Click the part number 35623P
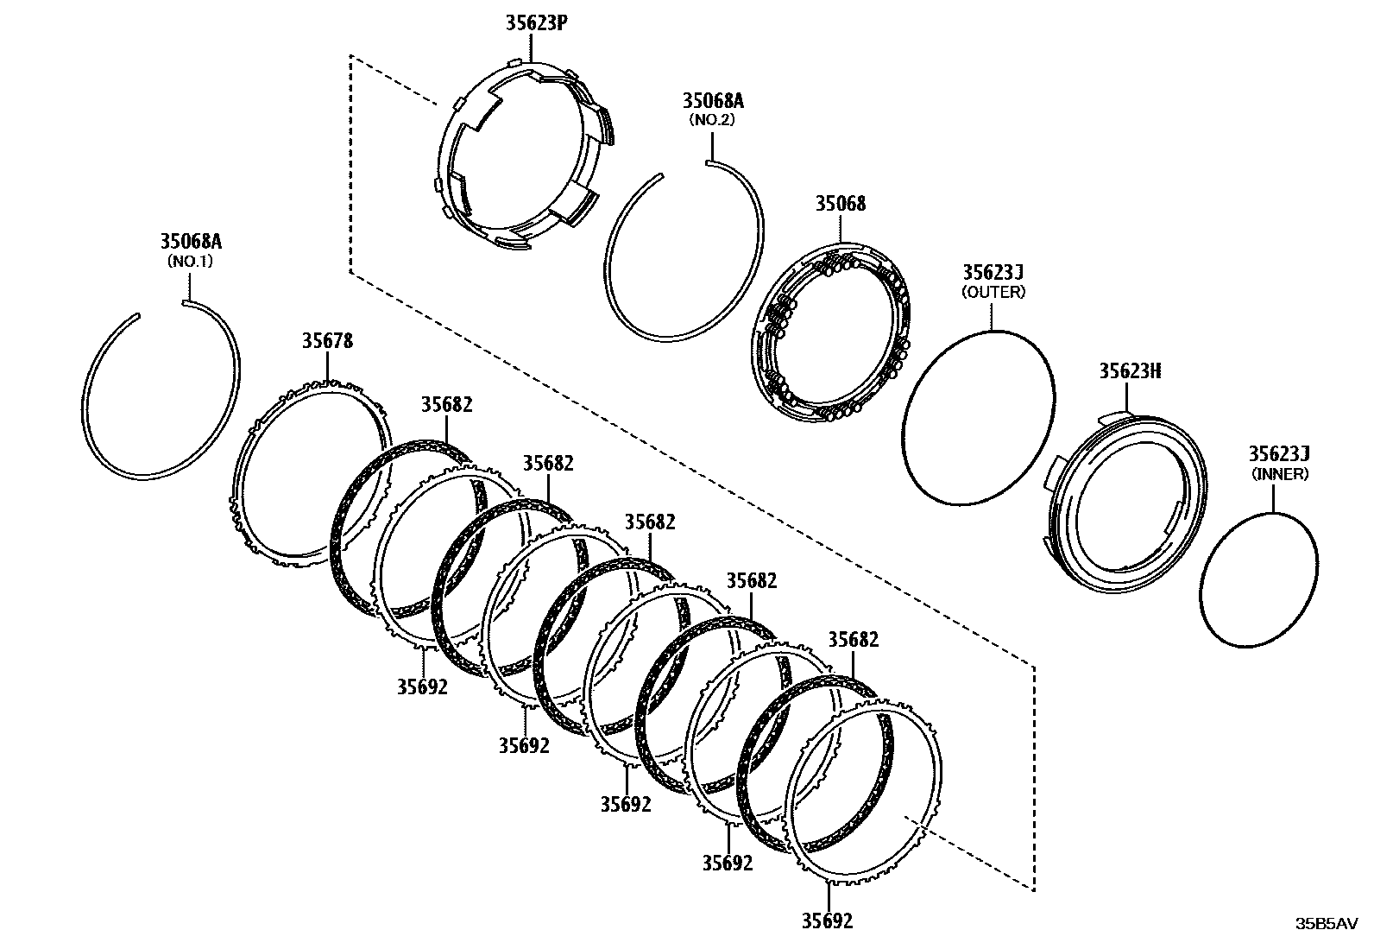point(536,22)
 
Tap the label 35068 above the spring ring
point(841,204)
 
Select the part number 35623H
point(1130,371)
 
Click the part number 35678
point(326,341)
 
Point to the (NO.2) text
point(712,120)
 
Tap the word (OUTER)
point(993,292)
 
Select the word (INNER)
point(1280,474)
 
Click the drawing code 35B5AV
point(1326,923)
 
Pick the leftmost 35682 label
point(446,404)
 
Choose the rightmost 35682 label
point(853,640)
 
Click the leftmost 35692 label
point(422,686)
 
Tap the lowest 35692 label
point(827,921)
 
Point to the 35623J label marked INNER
point(1280,454)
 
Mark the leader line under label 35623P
point(533,47)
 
